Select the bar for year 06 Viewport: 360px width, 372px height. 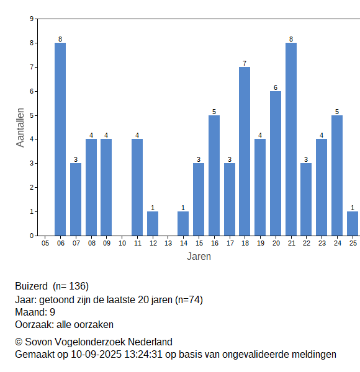tap(60, 139)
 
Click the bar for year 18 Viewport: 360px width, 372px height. tap(245, 151)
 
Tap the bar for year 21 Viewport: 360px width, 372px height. tap(291, 139)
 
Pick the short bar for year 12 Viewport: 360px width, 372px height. tap(153, 223)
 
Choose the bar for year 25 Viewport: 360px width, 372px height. tap(353, 223)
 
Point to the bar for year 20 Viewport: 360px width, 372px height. tap(276, 164)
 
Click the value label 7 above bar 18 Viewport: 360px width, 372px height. tap(245, 63)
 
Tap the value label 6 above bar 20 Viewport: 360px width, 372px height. tap(276, 87)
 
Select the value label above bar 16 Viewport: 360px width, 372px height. tap(214, 112)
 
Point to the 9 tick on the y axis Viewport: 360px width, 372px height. tap(32, 19)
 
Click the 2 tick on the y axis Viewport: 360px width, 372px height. tap(32, 188)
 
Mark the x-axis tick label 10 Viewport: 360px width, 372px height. tap(122, 243)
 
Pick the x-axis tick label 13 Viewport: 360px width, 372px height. tap(168, 243)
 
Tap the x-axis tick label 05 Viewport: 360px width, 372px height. tap(45, 243)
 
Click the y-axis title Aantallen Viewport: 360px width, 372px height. tap(20, 128)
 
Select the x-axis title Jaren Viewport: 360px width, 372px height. tap(199, 257)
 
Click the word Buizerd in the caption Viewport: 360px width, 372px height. tap(32, 286)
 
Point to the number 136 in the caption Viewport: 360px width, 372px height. tap(77, 286)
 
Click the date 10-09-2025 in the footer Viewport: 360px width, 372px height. tap(96, 355)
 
